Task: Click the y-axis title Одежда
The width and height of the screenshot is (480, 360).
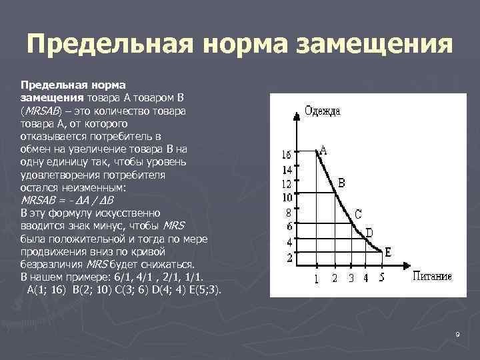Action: pyautogui.click(x=322, y=111)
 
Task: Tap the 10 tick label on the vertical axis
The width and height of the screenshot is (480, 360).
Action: pyautogui.click(x=287, y=197)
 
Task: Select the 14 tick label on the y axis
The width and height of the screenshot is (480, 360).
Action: pyautogui.click(x=287, y=170)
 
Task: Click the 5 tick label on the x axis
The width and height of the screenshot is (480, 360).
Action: pyautogui.click(x=381, y=278)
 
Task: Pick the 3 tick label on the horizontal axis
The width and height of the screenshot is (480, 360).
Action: pyautogui.click(x=351, y=278)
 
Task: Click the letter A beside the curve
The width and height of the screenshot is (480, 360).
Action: pyautogui.click(x=323, y=150)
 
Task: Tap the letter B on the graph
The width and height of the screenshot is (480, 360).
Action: pyautogui.click(x=341, y=182)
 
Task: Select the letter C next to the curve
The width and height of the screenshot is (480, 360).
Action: pyautogui.click(x=358, y=214)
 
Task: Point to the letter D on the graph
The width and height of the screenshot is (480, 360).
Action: pyautogui.click(x=369, y=232)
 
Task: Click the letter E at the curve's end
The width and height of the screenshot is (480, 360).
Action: pyautogui.click(x=388, y=251)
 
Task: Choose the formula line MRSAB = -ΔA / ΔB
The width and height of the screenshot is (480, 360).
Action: pyautogui.click(x=68, y=200)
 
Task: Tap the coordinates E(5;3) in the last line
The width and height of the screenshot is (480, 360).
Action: pyautogui.click(x=201, y=291)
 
